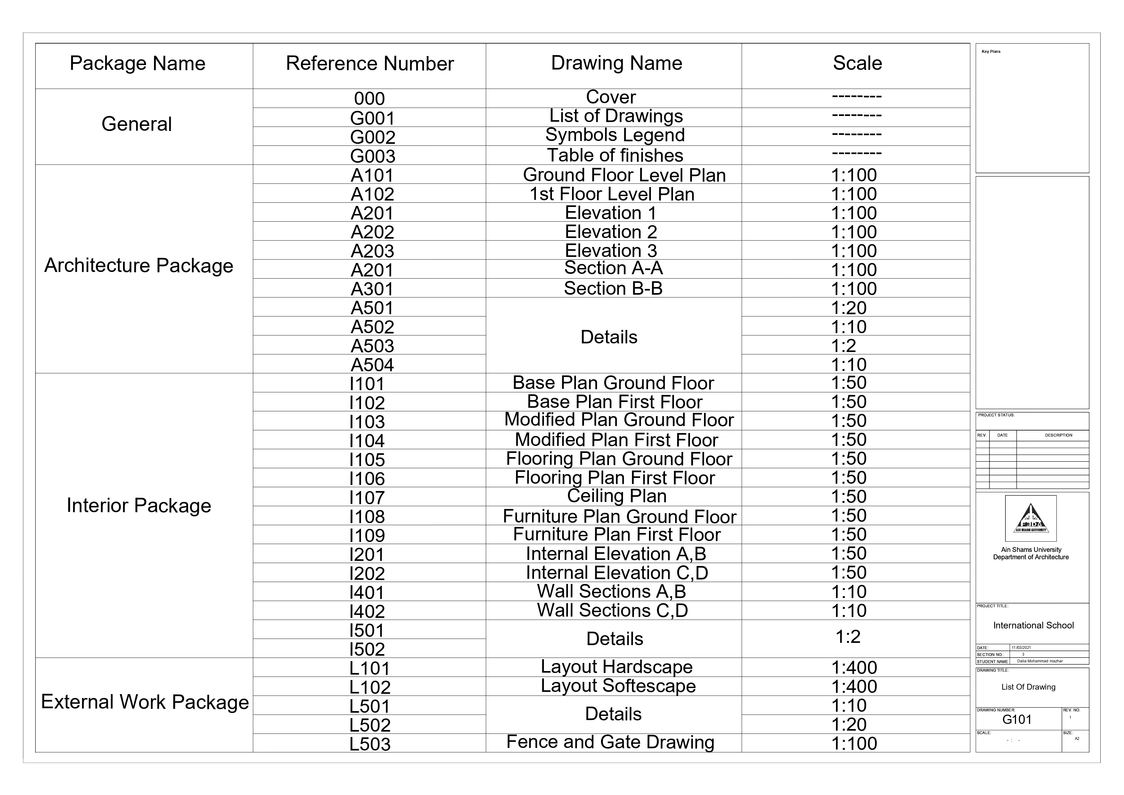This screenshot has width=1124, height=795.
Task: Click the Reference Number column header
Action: click(370, 64)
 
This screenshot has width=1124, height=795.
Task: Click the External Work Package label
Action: click(145, 702)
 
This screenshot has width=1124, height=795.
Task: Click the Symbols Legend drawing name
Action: click(615, 135)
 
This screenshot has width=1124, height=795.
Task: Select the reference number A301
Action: click(372, 289)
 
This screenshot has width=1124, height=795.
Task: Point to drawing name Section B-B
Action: click(613, 288)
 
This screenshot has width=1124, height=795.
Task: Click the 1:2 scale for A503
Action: click(843, 346)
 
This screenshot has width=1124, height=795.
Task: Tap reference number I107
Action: click(367, 497)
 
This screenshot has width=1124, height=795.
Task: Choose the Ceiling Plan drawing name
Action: click(616, 496)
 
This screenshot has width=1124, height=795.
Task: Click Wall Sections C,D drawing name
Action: click(612, 611)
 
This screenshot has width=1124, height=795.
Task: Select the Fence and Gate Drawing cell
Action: click(610, 742)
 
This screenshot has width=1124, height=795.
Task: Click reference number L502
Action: click(370, 725)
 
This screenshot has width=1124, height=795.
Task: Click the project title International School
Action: click(1033, 626)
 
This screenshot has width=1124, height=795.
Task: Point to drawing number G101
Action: click(1017, 720)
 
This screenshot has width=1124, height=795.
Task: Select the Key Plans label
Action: click(991, 51)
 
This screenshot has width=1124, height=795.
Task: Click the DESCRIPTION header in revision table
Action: click(1058, 435)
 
